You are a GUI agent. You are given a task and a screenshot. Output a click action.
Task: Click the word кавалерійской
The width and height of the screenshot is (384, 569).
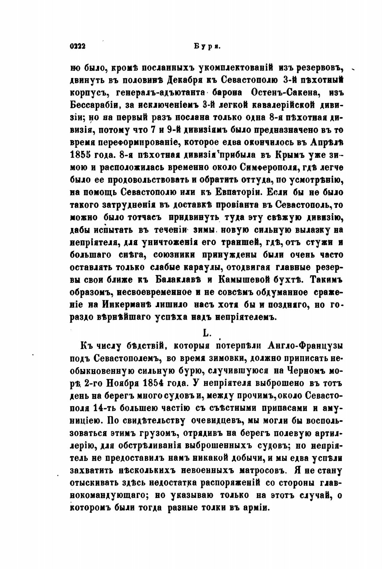(x=282, y=105)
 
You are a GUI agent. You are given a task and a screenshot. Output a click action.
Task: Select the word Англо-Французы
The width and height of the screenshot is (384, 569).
(x=306, y=346)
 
